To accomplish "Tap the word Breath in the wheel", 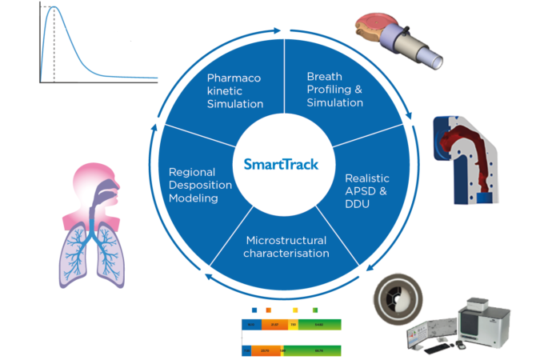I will tap(323, 77).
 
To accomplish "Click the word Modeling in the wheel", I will tap(192, 198).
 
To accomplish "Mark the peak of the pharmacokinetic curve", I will tap(54, 7).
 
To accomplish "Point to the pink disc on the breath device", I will tap(376, 19).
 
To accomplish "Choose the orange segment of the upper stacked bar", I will tap(272, 325).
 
